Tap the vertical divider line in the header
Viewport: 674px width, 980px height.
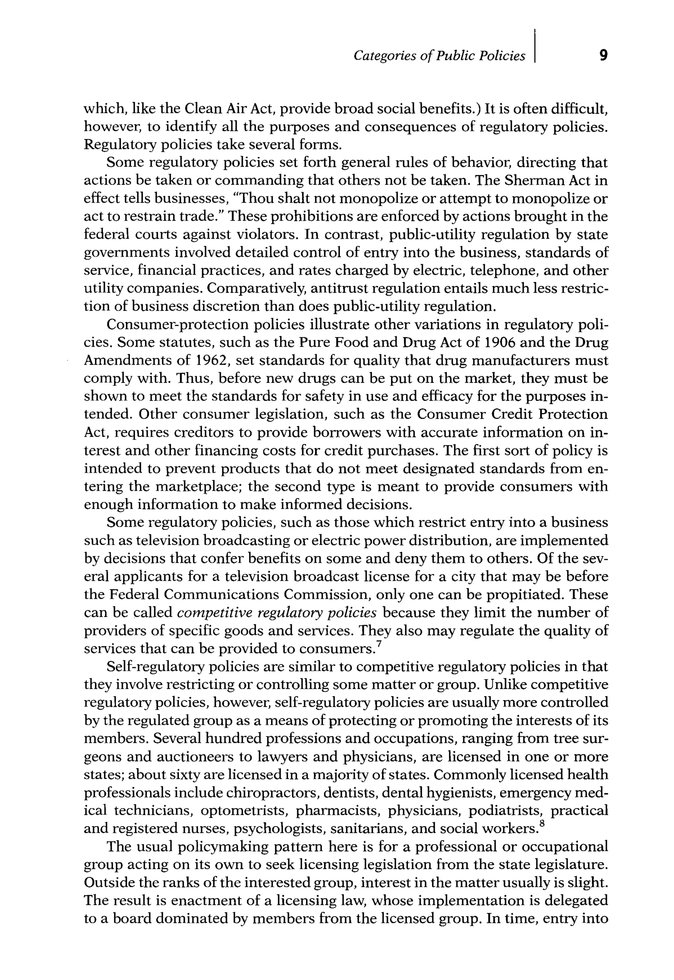535,46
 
